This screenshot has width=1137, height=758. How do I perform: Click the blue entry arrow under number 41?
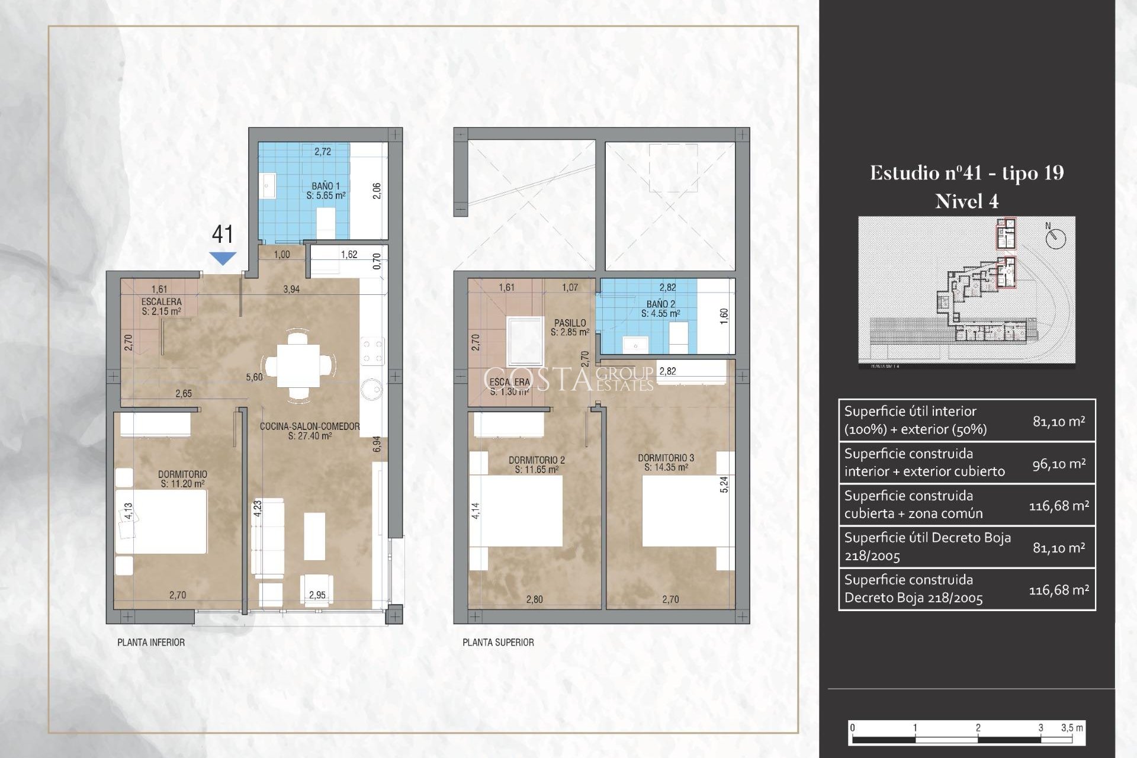pos(223,258)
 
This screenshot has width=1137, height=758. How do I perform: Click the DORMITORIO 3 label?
pos(666,462)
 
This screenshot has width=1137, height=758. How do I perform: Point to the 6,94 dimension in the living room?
pos(377,444)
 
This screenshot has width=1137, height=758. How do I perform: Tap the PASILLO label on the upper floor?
pos(570,327)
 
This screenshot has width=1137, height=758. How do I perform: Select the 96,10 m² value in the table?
pos(1059,464)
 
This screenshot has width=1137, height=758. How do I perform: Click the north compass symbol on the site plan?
pos(1055,238)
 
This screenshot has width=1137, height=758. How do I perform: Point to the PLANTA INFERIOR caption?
pos(151,643)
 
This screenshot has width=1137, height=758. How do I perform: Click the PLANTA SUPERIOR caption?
pos(498,643)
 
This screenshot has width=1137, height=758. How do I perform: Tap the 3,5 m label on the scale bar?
pos(1072,728)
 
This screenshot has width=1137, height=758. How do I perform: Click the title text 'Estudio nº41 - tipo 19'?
pos(966,173)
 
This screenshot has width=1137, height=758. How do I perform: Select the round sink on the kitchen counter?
pos(372,389)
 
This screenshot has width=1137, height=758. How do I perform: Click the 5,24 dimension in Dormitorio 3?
pos(724,484)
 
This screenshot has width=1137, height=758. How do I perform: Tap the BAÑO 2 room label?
pos(660,309)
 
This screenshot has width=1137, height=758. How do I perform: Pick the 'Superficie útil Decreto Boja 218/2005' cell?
pos(927,547)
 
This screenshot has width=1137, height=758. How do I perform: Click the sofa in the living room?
pos(268,538)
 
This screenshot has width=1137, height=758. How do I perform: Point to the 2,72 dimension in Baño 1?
pos(323,152)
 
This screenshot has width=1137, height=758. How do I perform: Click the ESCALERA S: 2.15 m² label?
pos(161,306)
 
